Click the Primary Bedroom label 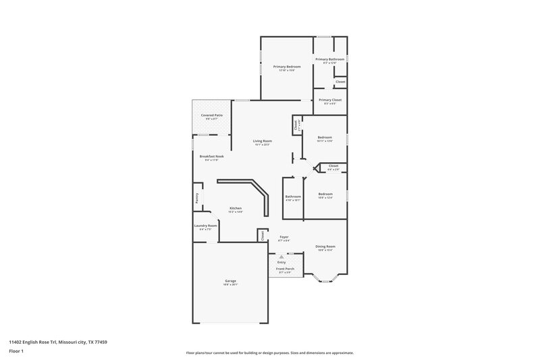(287, 67)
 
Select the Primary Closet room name (330, 100)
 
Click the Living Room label (262, 140)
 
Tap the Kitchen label (235, 208)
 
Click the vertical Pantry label (197, 198)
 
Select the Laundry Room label (206, 226)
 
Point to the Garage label (230, 280)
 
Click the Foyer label (284, 237)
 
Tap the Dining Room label (326, 247)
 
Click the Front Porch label (285, 269)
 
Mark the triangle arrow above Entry (281, 257)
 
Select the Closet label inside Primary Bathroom (340, 82)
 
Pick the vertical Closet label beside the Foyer (263, 235)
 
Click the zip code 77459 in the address (99, 342)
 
